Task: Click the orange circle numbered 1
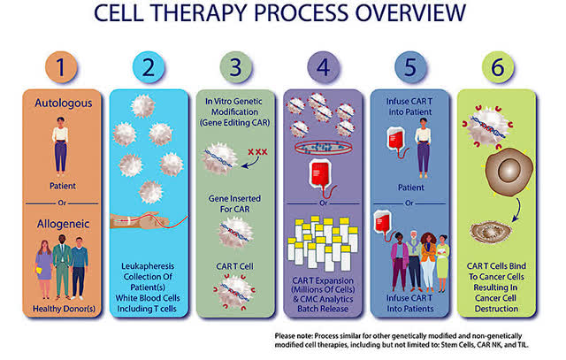tap(61, 67)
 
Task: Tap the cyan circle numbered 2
tap(149, 67)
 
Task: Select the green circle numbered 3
tap(235, 67)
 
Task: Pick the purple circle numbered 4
tap(323, 67)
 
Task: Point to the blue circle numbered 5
tap(410, 67)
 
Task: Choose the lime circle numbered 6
tap(497, 67)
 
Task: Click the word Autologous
tap(63, 103)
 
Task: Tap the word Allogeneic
tap(63, 224)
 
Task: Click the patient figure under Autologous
tap(60, 147)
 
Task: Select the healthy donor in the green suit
tap(62, 267)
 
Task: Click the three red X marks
tap(257, 152)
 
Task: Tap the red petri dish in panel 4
tap(324, 148)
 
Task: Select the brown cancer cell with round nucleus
tap(509, 172)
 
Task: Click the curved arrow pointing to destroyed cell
tap(518, 211)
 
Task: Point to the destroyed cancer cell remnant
tap(491, 232)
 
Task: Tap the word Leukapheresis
tap(148, 266)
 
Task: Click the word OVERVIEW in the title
tap(410, 13)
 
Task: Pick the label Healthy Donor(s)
tap(64, 309)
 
